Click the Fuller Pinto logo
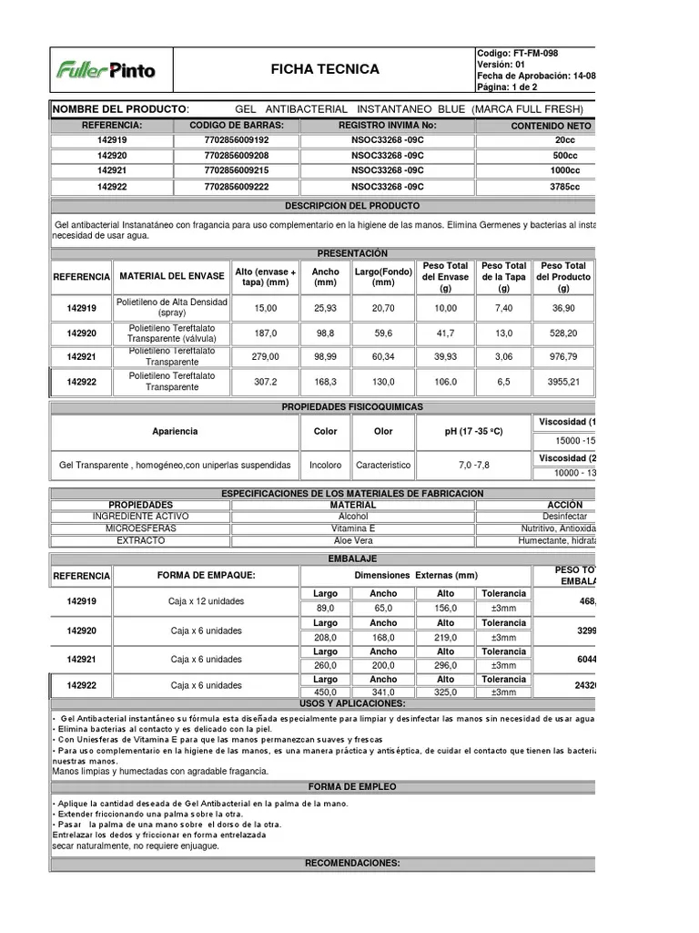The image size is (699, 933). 106,69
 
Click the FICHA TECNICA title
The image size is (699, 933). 325,69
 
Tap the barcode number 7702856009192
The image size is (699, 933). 237,140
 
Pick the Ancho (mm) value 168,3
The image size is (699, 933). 325,382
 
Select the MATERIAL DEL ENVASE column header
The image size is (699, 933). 171,277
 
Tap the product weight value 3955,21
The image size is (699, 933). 563,382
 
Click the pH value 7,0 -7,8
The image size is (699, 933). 473,465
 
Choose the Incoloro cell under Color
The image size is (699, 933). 325,465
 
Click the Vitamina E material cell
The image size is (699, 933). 353,528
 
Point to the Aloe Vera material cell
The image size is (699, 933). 353,540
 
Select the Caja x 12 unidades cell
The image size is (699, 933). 206,601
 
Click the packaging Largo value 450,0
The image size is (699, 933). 325,692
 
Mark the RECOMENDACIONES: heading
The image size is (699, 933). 352,863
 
